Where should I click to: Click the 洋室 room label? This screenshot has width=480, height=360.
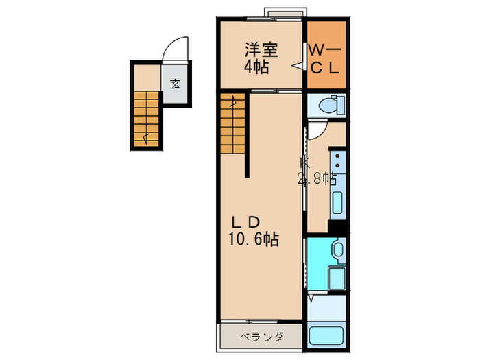click(x=261, y=50)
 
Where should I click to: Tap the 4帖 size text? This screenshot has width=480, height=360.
click(x=256, y=67)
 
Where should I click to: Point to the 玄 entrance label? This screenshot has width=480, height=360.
click(x=175, y=84)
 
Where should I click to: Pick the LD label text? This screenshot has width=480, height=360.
click(x=246, y=223)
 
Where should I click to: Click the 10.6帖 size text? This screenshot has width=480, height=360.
click(x=254, y=239)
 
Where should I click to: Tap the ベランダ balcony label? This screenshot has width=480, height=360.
click(x=261, y=337)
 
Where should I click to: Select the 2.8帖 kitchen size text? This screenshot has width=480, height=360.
click(x=317, y=178)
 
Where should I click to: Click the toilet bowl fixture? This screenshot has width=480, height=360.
click(x=328, y=106)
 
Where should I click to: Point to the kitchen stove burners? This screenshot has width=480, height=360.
click(x=337, y=160)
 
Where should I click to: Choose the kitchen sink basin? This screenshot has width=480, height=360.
click(x=337, y=202)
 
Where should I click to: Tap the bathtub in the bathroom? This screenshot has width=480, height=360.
click(x=326, y=336)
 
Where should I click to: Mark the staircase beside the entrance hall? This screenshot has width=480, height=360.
click(x=147, y=119)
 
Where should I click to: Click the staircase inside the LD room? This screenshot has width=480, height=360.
click(x=232, y=123)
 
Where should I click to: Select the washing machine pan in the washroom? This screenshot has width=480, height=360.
click(x=337, y=278)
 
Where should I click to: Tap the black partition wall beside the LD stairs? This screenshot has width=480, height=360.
click(x=248, y=134)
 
